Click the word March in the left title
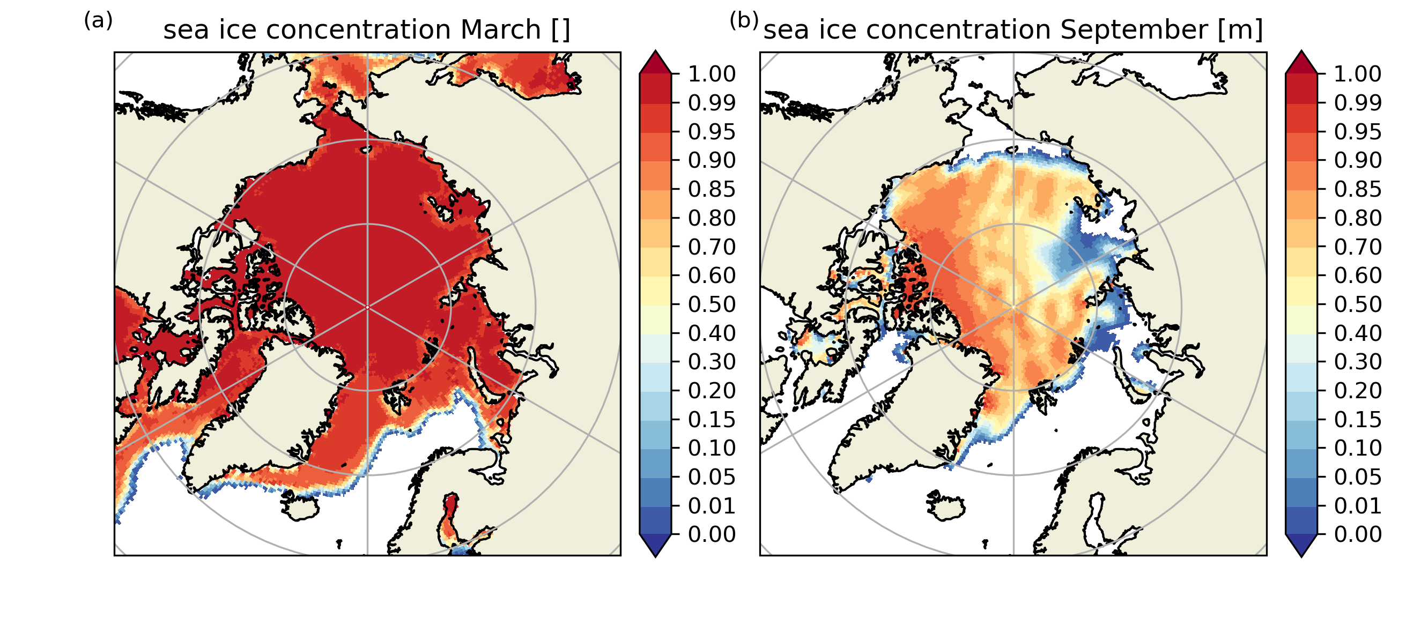point(500,29)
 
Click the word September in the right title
point(1134,29)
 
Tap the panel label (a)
point(98,21)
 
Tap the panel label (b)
point(744,21)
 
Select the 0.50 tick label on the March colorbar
point(711,304)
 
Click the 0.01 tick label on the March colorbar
point(711,506)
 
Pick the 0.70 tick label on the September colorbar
point(1357,247)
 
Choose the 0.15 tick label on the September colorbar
point(1357,420)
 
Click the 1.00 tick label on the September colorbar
point(1357,73)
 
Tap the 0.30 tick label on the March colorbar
point(711,362)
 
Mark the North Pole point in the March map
point(367,308)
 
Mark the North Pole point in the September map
point(1013,308)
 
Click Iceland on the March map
point(300,507)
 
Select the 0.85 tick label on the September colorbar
point(1357,189)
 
